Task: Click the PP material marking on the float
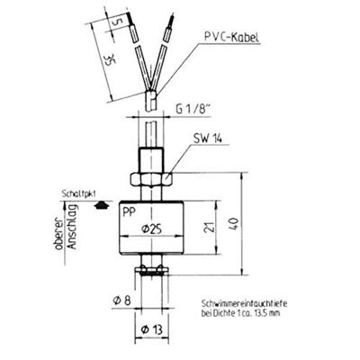tap(130, 210)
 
